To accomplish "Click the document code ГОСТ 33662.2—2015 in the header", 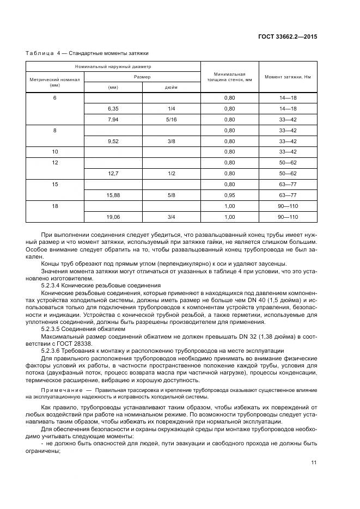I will (287, 36).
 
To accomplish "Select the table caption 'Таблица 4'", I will (43, 53).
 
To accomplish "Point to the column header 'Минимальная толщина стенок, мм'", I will (229, 77).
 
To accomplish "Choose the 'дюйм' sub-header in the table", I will (170, 87).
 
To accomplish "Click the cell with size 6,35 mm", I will (113, 108).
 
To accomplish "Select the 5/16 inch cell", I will (170, 119).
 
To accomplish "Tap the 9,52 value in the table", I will (113, 140).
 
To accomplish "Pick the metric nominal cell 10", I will (54, 151).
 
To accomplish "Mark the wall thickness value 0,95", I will (229, 194).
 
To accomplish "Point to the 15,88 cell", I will (113, 194).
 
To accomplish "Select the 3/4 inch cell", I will (170, 216).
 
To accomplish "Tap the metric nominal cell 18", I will (54, 205).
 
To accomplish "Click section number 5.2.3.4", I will (54, 285).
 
